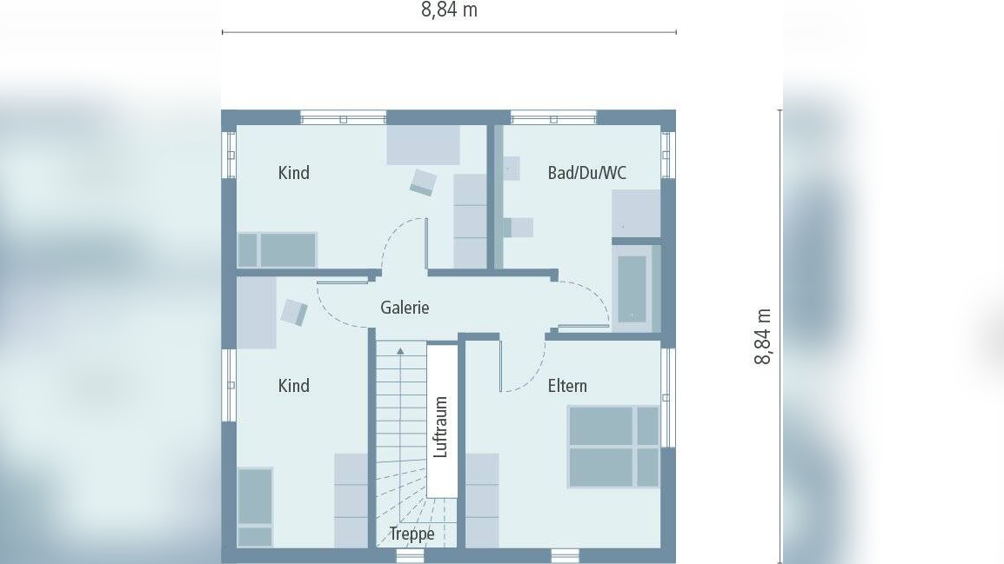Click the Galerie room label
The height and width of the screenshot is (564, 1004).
pyautogui.click(x=405, y=308)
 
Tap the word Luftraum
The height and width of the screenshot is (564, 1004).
pyautogui.click(x=440, y=427)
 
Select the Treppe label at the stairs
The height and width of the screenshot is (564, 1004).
pyautogui.click(x=412, y=534)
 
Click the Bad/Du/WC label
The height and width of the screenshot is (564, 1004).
pyautogui.click(x=586, y=173)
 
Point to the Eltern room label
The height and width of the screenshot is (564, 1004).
pyautogui.click(x=567, y=386)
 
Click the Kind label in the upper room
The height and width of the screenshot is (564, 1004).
pyautogui.click(x=294, y=173)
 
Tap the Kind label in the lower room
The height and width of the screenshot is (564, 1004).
pyautogui.click(x=294, y=386)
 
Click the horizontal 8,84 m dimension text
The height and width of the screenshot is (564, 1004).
pyautogui.click(x=449, y=10)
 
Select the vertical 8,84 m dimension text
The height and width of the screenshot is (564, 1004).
pyautogui.click(x=763, y=336)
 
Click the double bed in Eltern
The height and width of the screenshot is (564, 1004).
pyautogui.click(x=613, y=447)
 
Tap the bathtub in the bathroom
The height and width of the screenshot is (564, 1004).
pyautogui.click(x=632, y=289)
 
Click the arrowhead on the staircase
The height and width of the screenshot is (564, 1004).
pyautogui.click(x=400, y=351)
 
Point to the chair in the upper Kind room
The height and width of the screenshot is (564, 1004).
pyautogui.click(x=423, y=182)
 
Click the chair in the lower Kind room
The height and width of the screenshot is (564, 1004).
pyautogui.click(x=294, y=313)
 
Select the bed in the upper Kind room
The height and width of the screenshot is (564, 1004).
pyautogui.click(x=278, y=249)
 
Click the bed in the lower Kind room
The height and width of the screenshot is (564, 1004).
pyautogui.click(x=255, y=508)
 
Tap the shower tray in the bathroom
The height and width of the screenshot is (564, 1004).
pyautogui.click(x=636, y=214)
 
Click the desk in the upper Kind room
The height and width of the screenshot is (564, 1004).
pyautogui.click(x=423, y=145)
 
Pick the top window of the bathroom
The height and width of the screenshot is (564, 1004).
pyautogui.click(x=554, y=117)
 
